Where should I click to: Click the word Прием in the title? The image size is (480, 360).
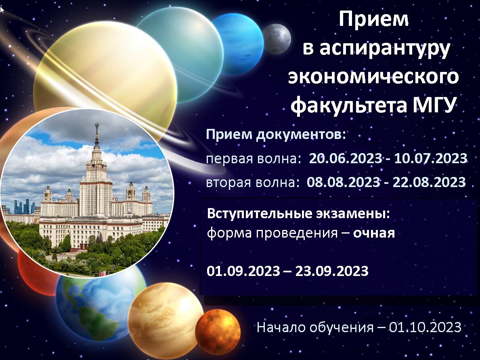(373, 19)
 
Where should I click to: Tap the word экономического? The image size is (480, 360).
(373, 77)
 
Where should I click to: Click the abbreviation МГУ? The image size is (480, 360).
(432, 105)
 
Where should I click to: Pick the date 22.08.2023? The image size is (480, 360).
(429, 182)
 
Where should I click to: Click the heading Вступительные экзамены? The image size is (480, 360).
(299, 214)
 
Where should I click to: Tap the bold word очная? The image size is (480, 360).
(374, 234)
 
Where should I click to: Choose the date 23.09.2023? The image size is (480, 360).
(332, 271)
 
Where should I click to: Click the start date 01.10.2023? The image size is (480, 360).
(425, 327)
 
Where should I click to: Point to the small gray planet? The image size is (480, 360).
(277, 39)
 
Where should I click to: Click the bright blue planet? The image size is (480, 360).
(238, 44)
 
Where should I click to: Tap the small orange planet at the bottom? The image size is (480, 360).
(218, 331)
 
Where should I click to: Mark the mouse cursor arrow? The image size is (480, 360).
(2, 10)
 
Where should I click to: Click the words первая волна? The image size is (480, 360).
(252, 159)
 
